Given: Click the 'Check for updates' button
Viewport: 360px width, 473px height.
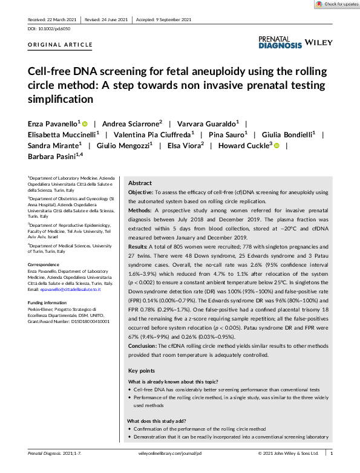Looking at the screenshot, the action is click(x=336, y=4).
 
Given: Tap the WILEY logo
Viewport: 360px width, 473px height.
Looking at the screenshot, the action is click(x=318, y=43).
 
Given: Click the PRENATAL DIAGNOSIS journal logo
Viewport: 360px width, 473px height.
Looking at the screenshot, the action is click(x=279, y=42).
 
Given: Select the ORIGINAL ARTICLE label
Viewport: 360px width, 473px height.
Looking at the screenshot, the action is click(x=61, y=45).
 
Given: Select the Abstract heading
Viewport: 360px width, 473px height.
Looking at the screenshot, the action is click(x=140, y=183).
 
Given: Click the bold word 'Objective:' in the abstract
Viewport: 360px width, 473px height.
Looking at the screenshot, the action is click(x=141, y=192).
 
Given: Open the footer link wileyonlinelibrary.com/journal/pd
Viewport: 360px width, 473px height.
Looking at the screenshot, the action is click(x=166, y=452).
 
